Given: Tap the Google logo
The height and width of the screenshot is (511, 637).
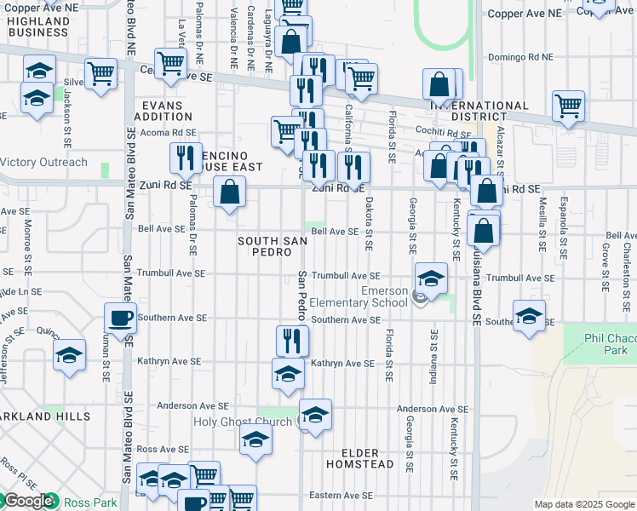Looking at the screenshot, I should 29,502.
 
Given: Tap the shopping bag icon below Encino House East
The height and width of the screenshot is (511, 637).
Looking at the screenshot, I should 229,192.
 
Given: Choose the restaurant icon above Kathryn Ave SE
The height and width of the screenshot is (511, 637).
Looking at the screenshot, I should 292,341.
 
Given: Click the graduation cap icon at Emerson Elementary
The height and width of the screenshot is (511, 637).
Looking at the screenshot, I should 431,278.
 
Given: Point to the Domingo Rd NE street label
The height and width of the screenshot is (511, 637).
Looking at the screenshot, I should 520,58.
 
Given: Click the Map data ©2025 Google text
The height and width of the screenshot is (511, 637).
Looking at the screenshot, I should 584,504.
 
